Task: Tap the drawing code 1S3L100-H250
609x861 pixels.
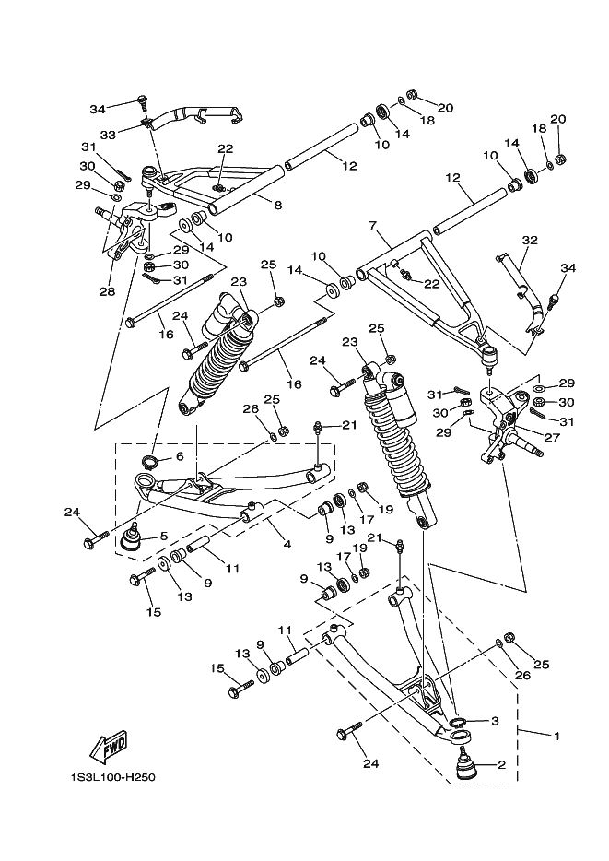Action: click(111, 776)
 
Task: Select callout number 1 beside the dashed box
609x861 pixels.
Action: click(556, 736)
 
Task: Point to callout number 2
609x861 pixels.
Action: click(502, 764)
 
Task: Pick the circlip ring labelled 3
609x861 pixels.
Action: click(458, 720)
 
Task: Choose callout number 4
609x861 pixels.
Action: click(287, 545)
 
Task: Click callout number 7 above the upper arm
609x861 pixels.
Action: click(373, 225)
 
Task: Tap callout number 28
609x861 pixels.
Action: click(108, 292)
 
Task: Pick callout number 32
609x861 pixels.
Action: click(529, 240)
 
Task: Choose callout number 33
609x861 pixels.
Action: click(107, 135)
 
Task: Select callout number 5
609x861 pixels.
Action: click(163, 536)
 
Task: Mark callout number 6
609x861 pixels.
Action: click(179, 456)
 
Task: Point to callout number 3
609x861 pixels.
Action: click(494, 721)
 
